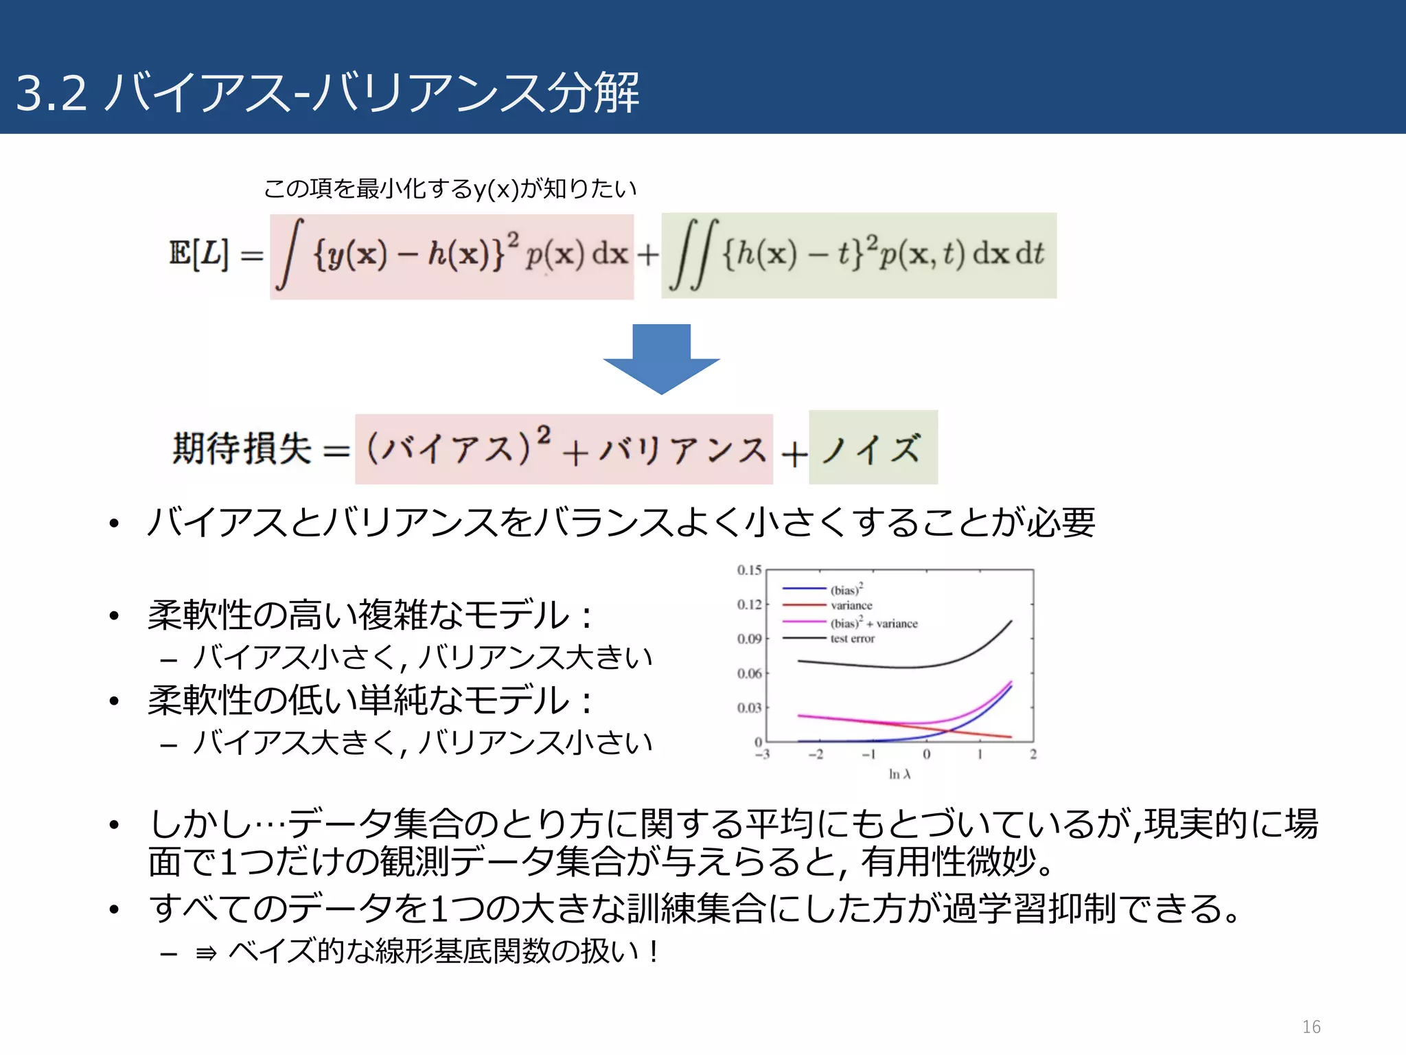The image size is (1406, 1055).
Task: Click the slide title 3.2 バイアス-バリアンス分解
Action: (327, 93)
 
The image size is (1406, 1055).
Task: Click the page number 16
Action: (1311, 1026)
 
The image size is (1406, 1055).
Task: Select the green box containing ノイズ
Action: (873, 448)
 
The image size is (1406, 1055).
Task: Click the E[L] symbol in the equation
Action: (198, 253)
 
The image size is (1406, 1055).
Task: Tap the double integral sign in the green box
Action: (694, 255)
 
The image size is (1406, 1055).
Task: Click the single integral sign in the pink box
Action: (289, 255)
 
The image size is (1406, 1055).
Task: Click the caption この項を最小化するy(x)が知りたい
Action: (450, 188)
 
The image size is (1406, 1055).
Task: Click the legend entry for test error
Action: (852, 639)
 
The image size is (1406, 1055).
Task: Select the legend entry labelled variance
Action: (851, 605)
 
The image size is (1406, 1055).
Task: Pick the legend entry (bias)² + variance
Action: (873, 623)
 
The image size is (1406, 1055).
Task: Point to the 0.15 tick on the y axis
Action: (749, 570)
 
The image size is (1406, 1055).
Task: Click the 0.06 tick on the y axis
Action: (749, 673)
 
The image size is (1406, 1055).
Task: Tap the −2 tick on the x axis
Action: (815, 754)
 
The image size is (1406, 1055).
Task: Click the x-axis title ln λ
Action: (899, 774)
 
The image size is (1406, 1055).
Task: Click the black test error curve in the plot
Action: (892, 666)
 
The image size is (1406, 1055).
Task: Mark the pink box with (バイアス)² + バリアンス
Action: (564, 449)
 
